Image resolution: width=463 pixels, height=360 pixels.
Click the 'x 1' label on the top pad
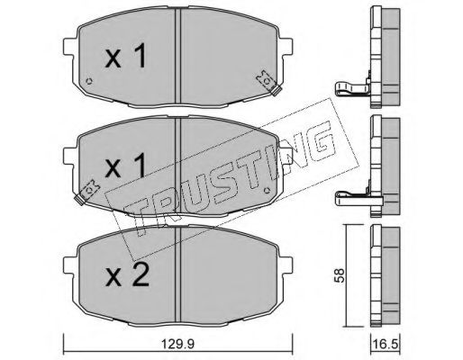(125, 59)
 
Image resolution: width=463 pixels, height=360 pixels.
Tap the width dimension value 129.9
(178, 343)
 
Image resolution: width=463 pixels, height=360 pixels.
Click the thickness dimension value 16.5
(387, 343)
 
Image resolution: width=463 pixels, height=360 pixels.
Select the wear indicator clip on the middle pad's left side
(91, 189)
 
